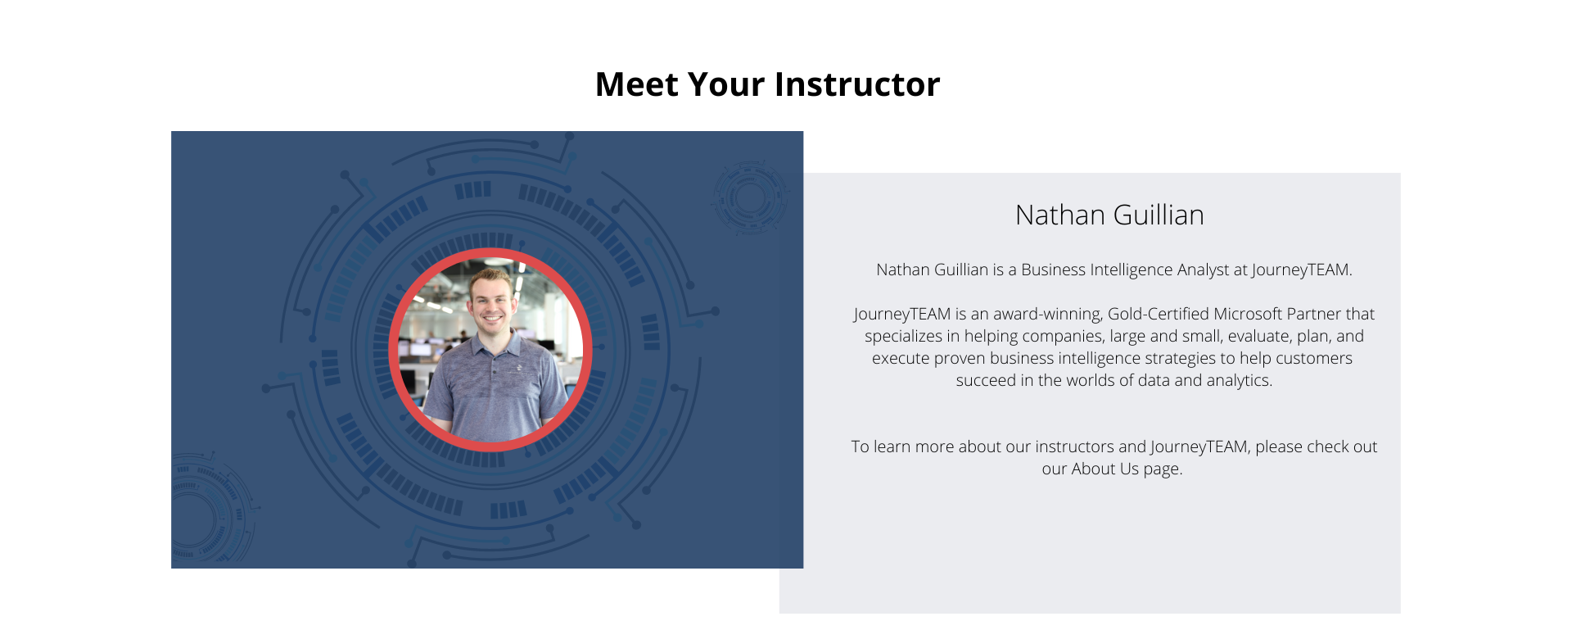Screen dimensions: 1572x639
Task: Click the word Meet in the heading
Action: (636, 84)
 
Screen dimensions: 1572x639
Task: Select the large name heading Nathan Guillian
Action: (1109, 215)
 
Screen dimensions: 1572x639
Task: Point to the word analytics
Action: (1240, 380)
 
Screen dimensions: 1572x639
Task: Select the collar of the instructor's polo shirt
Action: (492, 341)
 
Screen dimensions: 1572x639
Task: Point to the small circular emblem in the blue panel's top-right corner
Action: (749, 197)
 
